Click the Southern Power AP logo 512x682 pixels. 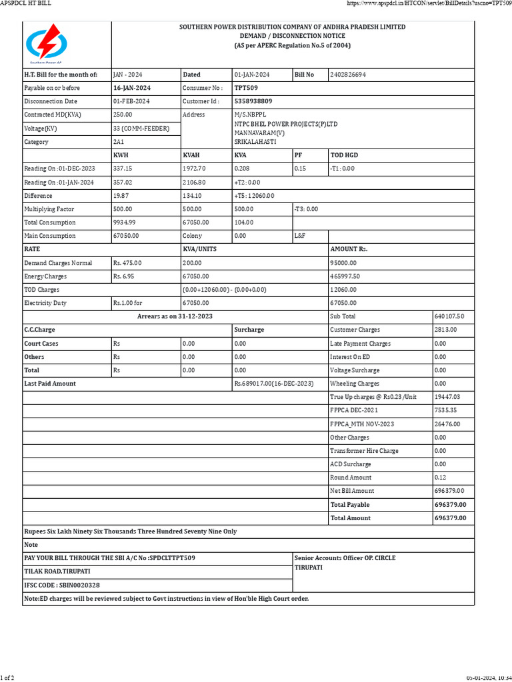pos(47,45)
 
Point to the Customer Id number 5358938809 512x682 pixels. pos(253,101)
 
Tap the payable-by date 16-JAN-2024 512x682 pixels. pos(133,88)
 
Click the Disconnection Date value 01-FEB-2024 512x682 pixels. pos(132,101)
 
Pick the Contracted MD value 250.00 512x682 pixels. pos(123,115)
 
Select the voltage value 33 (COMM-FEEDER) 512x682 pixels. pos(141,128)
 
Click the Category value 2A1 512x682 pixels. pos(119,142)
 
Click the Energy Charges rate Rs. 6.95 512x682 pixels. pos(127,276)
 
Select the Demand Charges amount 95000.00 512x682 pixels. pos(344,263)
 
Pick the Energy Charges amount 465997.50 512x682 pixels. pos(345,276)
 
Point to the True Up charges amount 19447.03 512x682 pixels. pos(447,397)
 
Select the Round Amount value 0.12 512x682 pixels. pos(440,478)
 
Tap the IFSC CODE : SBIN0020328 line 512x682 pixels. pos(62,585)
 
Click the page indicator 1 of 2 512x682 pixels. pos(7,677)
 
